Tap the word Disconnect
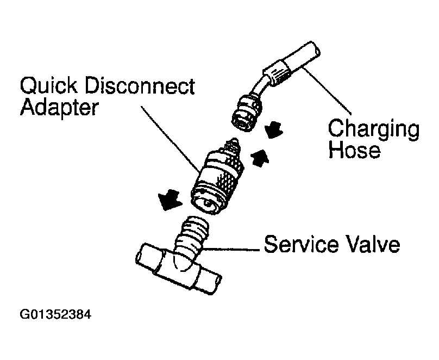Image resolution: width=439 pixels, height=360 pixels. click(x=146, y=86)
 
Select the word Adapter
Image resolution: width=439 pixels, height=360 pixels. click(x=59, y=108)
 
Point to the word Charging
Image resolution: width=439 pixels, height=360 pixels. click(x=374, y=131)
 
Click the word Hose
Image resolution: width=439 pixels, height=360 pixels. click(x=354, y=151)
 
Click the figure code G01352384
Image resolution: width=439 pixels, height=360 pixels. click(x=54, y=315)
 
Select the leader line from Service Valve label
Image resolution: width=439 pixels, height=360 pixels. click(x=228, y=249)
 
